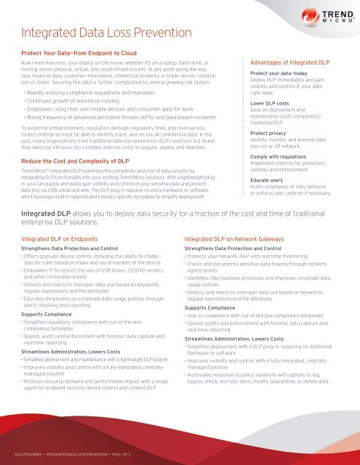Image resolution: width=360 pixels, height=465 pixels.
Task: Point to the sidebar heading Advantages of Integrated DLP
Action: coord(297,63)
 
